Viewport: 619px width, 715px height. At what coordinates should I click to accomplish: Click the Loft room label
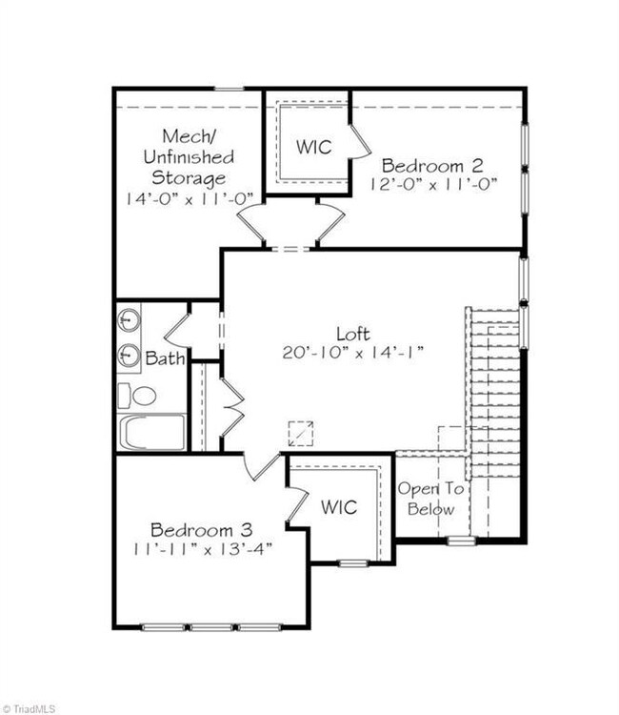click(353, 335)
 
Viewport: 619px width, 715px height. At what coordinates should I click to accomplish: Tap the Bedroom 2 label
click(431, 166)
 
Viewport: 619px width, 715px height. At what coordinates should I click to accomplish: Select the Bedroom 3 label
click(202, 530)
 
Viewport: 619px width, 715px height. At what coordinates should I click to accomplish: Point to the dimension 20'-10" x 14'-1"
click(353, 353)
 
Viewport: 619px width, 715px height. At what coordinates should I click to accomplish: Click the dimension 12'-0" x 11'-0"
click(432, 184)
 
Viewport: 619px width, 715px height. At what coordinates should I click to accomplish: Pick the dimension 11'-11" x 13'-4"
click(203, 548)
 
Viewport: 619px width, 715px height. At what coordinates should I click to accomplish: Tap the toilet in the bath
click(136, 396)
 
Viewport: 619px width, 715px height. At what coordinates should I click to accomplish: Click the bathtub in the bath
click(151, 432)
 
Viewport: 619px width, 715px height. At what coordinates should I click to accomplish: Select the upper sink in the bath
click(129, 320)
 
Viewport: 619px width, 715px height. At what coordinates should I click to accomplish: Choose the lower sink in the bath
click(129, 356)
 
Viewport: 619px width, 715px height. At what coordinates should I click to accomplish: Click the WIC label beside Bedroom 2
click(314, 147)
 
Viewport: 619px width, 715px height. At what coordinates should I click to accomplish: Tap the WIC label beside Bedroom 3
click(338, 506)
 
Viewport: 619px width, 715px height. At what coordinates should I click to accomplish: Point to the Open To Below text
click(430, 499)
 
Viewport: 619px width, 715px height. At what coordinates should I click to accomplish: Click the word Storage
click(189, 178)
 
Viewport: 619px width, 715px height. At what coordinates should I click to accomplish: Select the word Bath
click(165, 357)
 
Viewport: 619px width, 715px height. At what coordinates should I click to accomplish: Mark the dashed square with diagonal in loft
click(301, 434)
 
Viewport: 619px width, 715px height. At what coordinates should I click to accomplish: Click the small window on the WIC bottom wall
click(353, 563)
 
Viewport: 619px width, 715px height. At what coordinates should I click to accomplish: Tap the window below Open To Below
click(461, 541)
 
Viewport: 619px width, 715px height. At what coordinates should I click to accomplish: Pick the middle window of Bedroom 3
click(211, 627)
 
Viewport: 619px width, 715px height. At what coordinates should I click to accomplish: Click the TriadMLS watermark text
click(29, 708)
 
